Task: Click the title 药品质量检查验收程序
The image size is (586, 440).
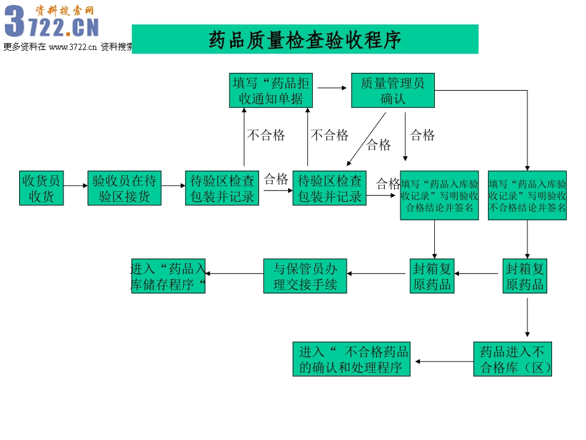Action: (305, 39)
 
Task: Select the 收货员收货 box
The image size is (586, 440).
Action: (41, 188)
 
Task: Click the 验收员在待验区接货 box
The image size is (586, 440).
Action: (125, 188)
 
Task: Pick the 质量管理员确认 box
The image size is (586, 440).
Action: (393, 90)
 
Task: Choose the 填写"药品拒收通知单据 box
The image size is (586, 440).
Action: (271, 90)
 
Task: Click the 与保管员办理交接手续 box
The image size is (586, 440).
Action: (305, 276)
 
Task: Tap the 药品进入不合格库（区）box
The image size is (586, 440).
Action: (513, 359)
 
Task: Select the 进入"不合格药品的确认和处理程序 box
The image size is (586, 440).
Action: (352, 359)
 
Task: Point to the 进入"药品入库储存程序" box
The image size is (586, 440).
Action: (168, 276)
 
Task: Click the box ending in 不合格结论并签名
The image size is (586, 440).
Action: (527, 195)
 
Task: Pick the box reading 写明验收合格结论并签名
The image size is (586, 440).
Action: (439, 195)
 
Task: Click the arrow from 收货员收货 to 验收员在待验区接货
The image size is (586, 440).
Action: (75, 185)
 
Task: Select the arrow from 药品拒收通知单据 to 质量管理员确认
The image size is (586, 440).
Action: (332, 88)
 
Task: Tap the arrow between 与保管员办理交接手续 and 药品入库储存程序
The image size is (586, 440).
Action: (234, 273)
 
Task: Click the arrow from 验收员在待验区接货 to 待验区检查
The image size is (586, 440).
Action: (173, 185)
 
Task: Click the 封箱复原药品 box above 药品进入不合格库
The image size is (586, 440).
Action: (525, 276)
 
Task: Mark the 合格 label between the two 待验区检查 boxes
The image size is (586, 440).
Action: (276, 180)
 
